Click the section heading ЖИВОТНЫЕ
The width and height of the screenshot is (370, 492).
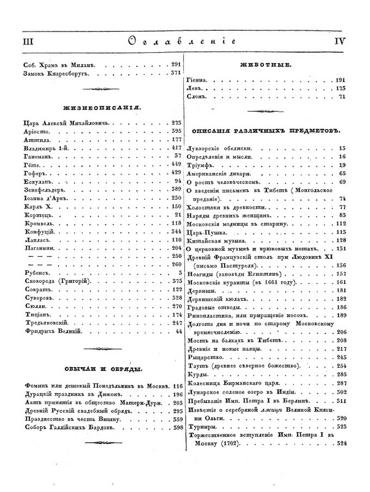pyautogui.click(x=266, y=65)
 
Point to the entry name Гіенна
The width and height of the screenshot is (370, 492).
pyautogui.click(x=197, y=80)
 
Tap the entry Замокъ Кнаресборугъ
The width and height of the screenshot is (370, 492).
pyautogui.click(x=57, y=73)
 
